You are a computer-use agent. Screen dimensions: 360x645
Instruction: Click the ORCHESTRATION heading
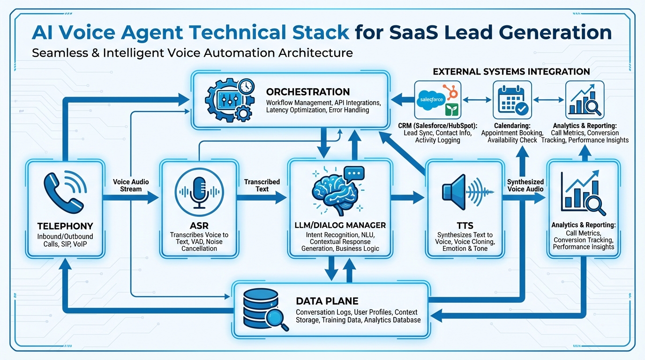307,91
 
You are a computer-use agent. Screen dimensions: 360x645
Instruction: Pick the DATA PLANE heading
327,301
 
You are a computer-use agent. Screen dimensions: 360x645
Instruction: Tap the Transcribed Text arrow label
262,185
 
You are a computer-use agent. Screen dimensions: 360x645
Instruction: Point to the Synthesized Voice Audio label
525,185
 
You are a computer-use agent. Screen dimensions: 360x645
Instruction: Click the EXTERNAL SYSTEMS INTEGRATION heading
511,72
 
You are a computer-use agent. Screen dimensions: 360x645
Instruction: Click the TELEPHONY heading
65,226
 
